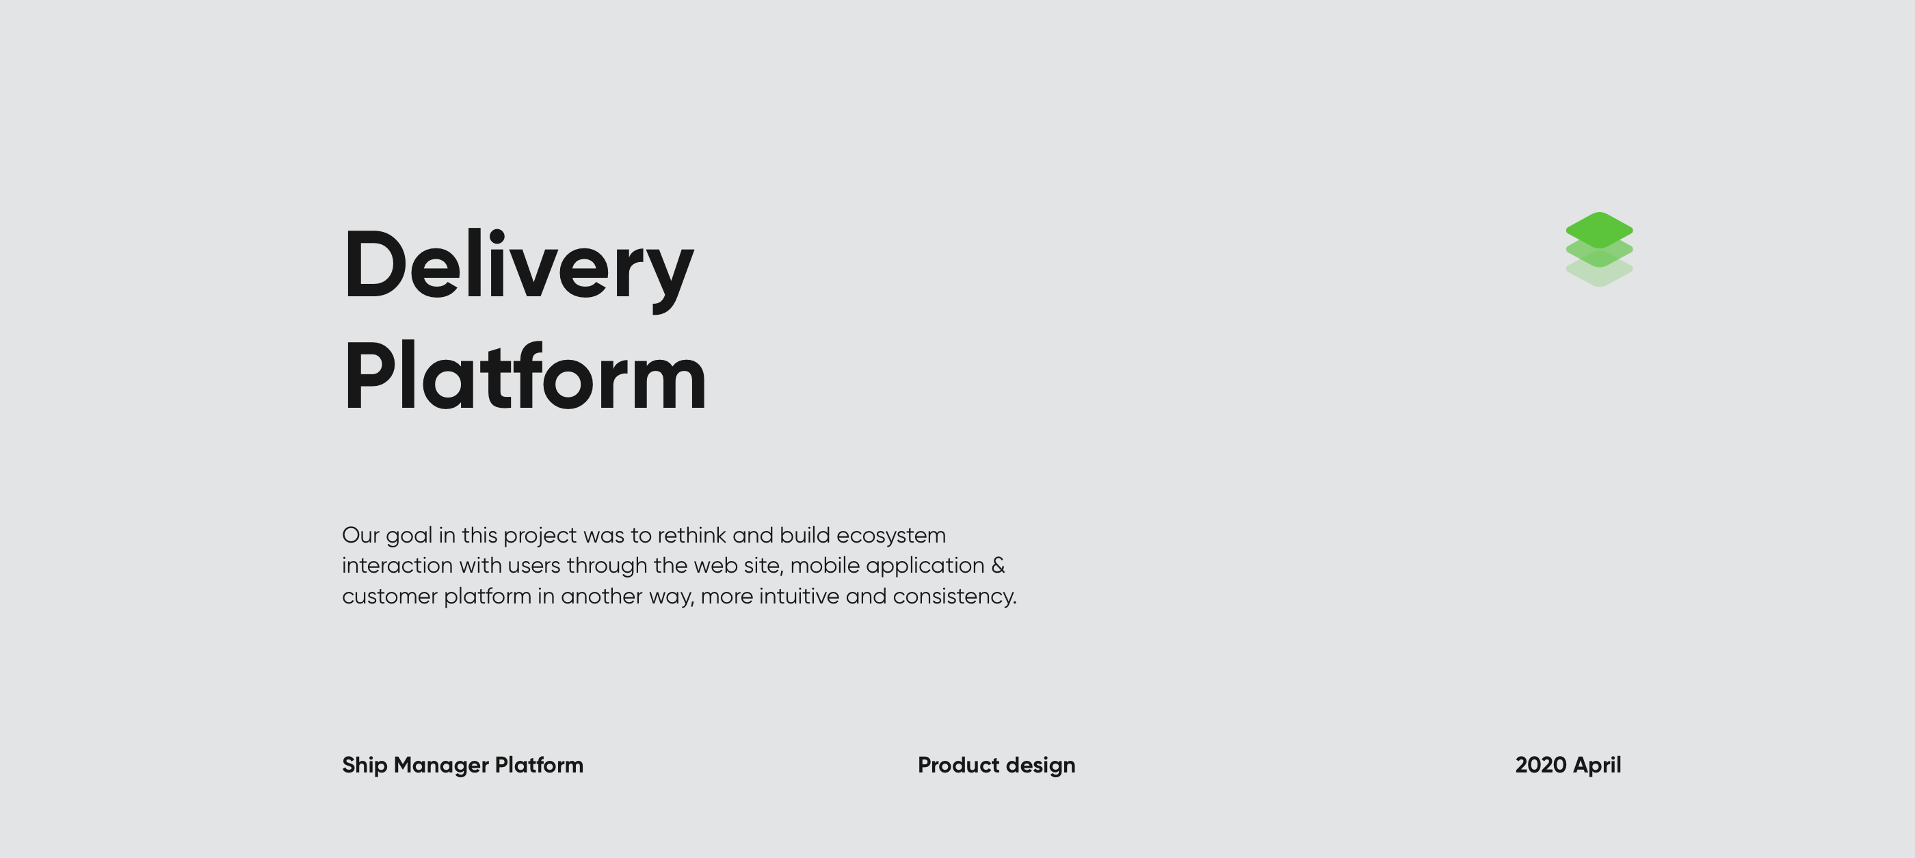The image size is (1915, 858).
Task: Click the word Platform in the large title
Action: [x=524, y=376]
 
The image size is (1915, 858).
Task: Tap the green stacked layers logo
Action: [x=1599, y=249]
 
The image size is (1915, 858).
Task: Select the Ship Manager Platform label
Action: [x=462, y=766]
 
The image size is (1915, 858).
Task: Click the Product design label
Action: [x=996, y=766]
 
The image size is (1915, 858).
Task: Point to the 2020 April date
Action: [x=1568, y=766]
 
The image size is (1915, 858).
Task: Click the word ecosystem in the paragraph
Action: [x=890, y=536]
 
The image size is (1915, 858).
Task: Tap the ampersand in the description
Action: [x=998, y=566]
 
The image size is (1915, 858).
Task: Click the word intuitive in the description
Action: [x=799, y=596]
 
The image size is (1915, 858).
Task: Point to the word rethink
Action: [x=691, y=535]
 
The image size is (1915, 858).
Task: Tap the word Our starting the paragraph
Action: [x=360, y=535]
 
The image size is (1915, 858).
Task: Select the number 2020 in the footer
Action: [x=1540, y=765]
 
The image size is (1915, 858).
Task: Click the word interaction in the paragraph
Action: [x=397, y=566]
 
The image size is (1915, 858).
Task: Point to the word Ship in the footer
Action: [x=365, y=766]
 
